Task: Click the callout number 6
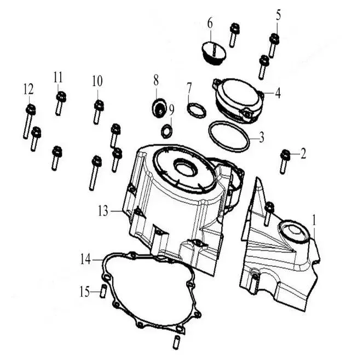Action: (x=210, y=24)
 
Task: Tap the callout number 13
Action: (x=103, y=211)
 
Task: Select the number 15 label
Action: (x=85, y=292)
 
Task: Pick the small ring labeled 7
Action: (x=197, y=110)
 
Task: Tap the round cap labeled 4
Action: (x=239, y=100)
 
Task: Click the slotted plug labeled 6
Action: (x=214, y=53)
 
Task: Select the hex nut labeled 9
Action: (x=166, y=132)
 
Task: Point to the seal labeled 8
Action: (x=159, y=108)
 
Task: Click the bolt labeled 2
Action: (x=285, y=162)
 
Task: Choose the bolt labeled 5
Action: (x=274, y=45)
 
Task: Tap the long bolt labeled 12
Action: (x=29, y=122)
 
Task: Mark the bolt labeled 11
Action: (x=60, y=104)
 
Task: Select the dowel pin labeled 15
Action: (x=103, y=291)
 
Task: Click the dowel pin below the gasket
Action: (x=176, y=342)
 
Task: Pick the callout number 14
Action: (x=85, y=260)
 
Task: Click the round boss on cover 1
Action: (x=294, y=231)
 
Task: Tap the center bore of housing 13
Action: (x=186, y=168)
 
